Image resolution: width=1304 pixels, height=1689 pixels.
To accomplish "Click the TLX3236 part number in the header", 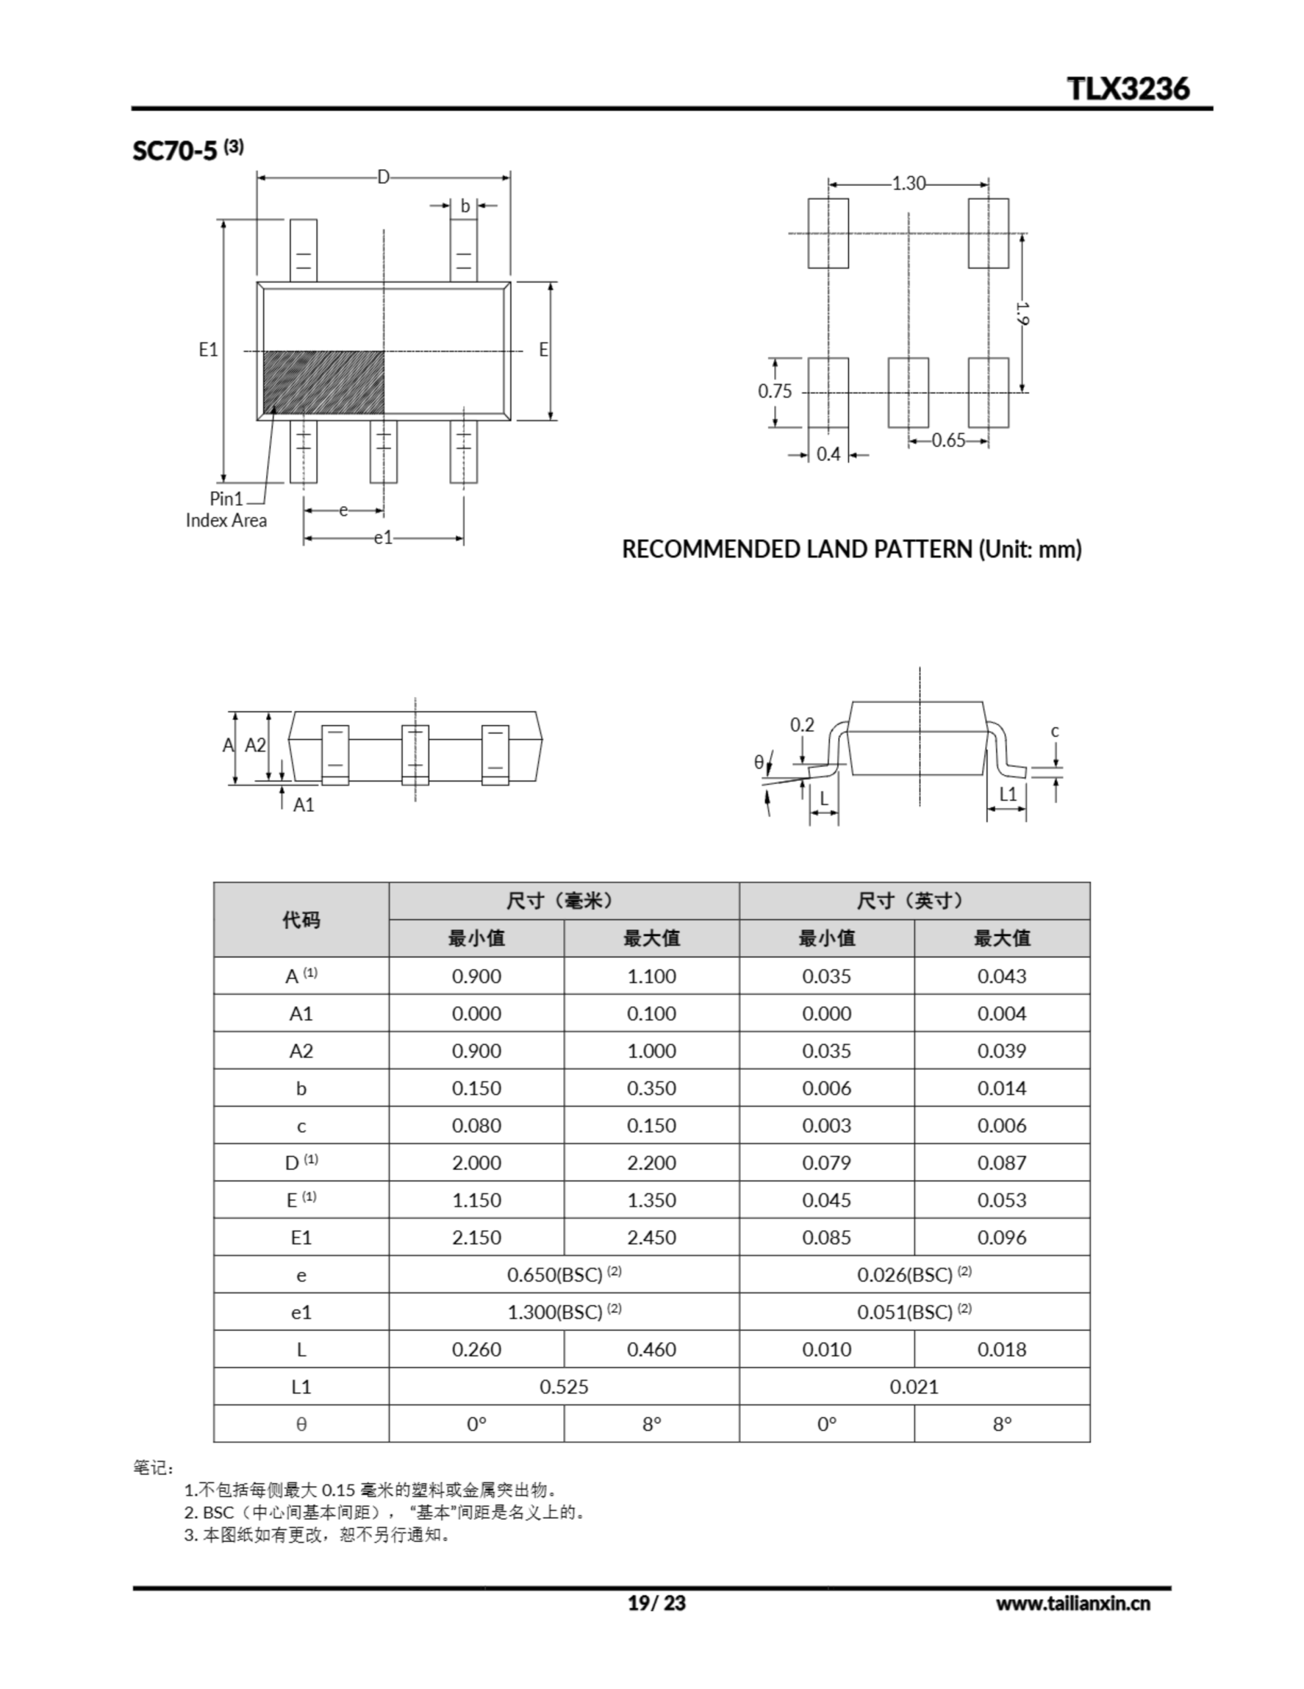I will (x=1129, y=88).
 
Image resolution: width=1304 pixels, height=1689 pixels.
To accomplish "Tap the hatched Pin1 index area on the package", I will (x=324, y=383).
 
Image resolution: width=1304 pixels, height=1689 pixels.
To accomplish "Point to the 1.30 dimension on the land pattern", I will (x=908, y=183).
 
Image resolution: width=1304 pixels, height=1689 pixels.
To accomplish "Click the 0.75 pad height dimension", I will (x=775, y=391).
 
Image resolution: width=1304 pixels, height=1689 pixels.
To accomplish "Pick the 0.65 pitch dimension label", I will (x=949, y=441).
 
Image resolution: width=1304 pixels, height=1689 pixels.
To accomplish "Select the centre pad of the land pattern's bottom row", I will (x=908, y=392).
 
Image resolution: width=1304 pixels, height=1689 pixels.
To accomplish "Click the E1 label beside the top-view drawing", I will (x=208, y=350).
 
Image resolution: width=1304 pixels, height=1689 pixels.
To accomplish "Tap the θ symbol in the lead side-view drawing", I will (x=758, y=763).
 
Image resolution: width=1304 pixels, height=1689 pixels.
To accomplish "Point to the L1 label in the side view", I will (x=1008, y=794).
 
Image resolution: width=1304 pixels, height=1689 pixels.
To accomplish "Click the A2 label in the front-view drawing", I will (x=256, y=745).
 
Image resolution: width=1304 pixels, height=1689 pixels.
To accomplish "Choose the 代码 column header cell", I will (x=301, y=920).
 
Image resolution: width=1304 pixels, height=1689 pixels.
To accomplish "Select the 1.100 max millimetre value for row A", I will (x=651, y=976).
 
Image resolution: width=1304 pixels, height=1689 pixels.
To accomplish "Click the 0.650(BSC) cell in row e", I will (x=564, y=1275).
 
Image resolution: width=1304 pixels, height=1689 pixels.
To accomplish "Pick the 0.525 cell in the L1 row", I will (x=564, y=1387).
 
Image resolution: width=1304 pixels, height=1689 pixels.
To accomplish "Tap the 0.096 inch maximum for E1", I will (x=1002, y=1237).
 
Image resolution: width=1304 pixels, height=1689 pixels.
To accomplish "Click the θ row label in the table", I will (x=301, y=1424).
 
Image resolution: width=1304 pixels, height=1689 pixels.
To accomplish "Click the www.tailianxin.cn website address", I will (x=1072, y=1603).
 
